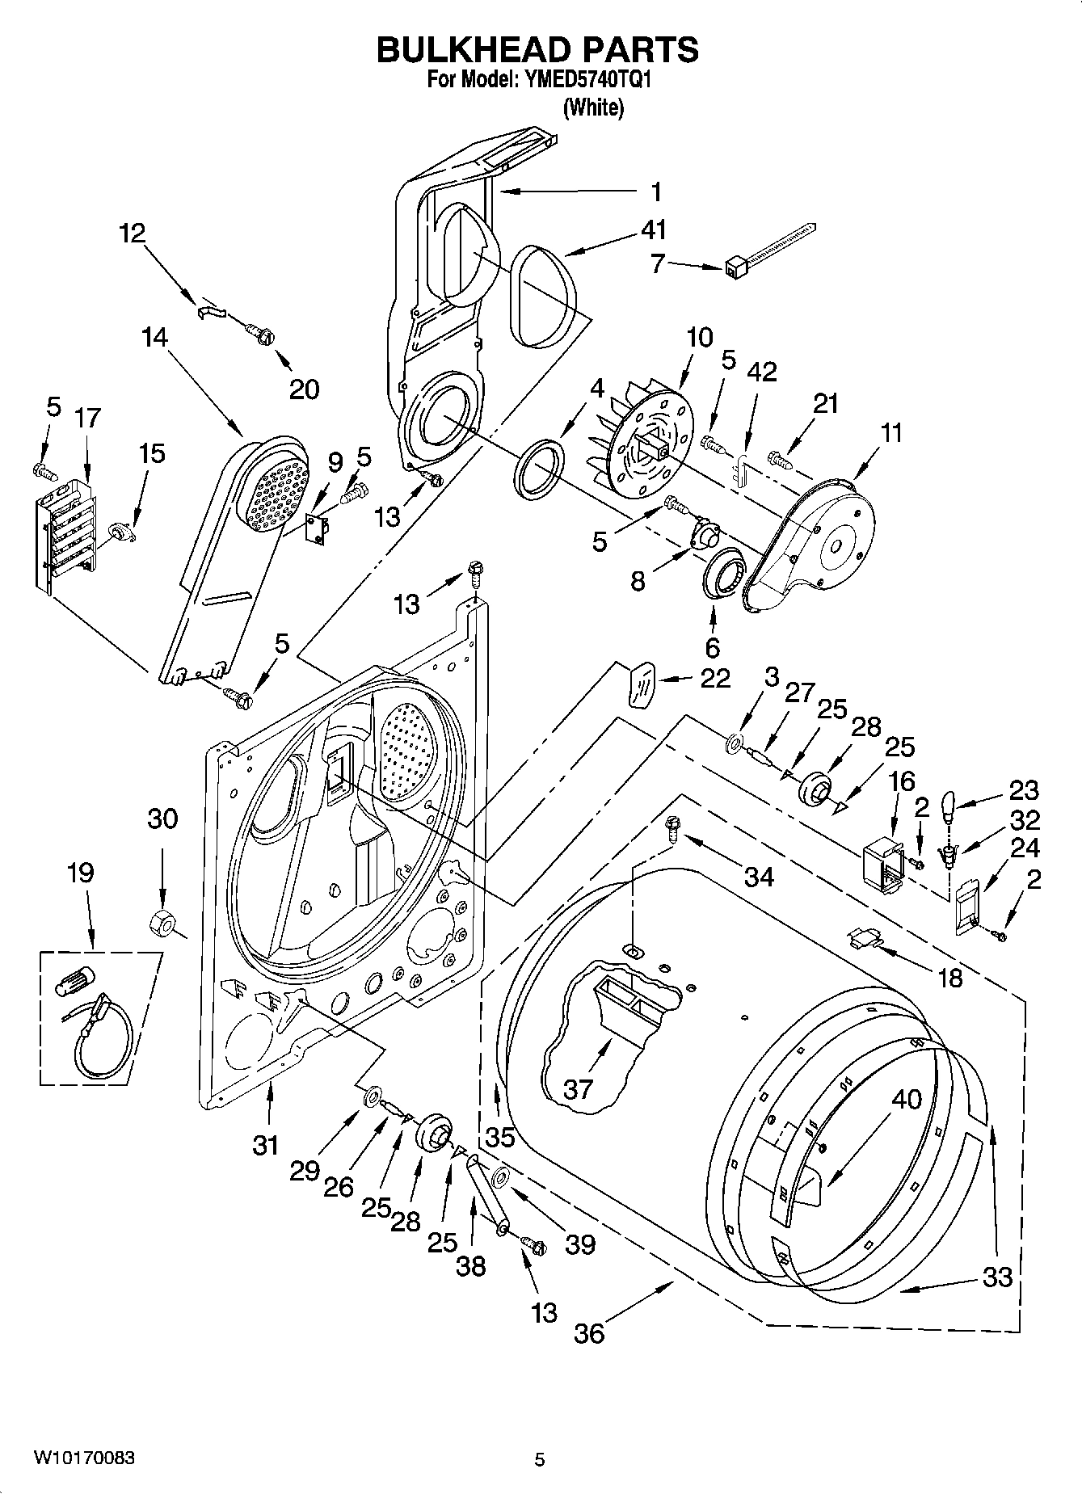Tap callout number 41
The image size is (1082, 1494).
(x=653, y=230)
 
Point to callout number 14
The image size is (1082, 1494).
(x=154, y=337)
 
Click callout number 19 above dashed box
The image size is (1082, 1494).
(x=81, y=873)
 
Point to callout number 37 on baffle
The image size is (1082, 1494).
(x=578, y=1088)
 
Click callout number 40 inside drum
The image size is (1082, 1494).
(x=907, y=1099)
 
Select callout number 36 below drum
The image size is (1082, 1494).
(x=589, y=1332)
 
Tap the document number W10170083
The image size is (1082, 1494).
(x=84, y=1458)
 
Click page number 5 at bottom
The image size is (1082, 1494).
(x=540, y=1459)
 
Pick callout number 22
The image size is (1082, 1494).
(x=715, y=677)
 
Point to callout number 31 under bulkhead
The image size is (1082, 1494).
(x=265, y=1144)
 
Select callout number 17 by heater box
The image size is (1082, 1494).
(x=87, y=418)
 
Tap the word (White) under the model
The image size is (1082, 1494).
(x=593, y=107)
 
